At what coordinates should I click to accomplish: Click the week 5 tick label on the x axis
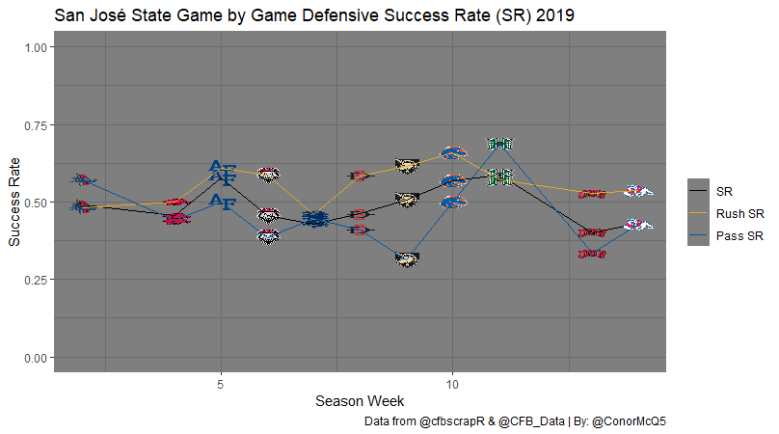pyautogui.click(x=222, y=383)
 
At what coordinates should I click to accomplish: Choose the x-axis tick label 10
pyautogui.click(x=453, y=383)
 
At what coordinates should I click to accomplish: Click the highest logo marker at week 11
pyautogui.click(x=498, y=144)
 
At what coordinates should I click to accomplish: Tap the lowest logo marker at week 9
pyautogui.click(x=406, y=258)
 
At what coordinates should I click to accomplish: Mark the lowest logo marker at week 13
pyautogui.click(x=591, y=255)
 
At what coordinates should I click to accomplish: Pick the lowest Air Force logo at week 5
pyautogui.click(x=222, y=202)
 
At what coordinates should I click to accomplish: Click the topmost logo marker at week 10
pyautogui.click(x=453, y=152)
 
